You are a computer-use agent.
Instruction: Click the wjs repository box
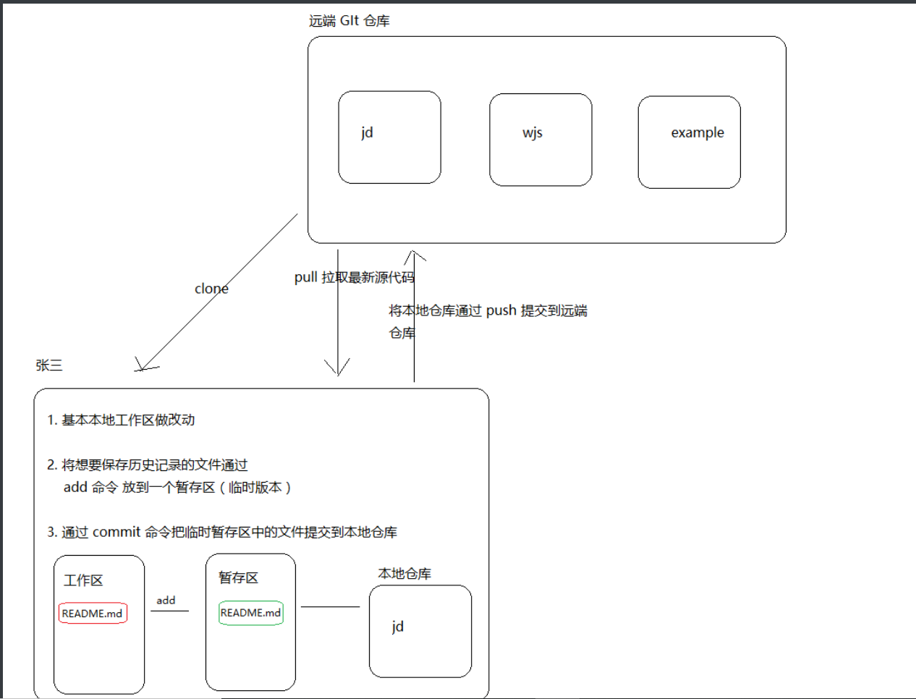coord(540,140)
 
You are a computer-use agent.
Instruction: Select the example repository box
coord(689,142)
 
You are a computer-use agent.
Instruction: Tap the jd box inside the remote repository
coord(389,137)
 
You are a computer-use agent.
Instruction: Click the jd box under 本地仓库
coord(420,631)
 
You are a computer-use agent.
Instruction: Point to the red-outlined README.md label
coord(93,613)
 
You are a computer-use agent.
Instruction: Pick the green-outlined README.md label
coord(250,612)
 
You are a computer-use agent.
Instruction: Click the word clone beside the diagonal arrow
coord(211,289)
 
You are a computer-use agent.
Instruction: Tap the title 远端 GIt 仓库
coord(349,21)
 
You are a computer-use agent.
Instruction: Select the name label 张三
coord(49,365)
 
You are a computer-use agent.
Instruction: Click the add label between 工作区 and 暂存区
coord(166,600)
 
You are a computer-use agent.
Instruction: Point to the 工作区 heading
coord(83,580)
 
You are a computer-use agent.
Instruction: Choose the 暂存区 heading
coord(238,577)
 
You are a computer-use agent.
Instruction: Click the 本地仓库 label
coord(404,574)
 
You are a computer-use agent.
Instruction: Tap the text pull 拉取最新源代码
coord(354,277)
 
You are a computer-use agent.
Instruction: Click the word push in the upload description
coord(501,310)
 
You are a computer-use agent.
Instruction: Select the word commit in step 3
coord(116,532)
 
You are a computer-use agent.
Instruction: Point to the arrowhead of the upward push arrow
coord(414,254)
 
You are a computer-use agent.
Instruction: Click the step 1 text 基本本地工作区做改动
coord(128,420)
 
